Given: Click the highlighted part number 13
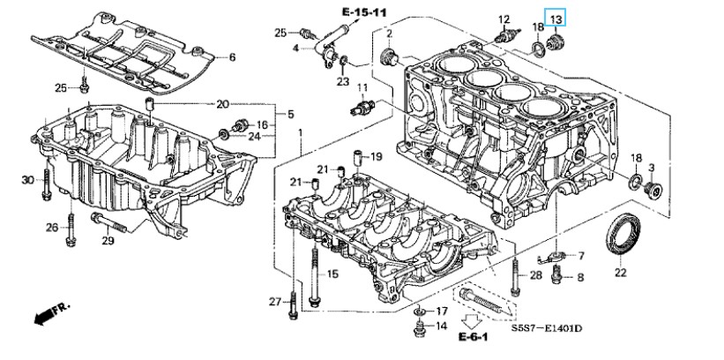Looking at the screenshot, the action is coord(555,19).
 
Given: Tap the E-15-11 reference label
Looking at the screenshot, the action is coord(364,12).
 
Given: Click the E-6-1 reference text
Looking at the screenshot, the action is coord(473,336).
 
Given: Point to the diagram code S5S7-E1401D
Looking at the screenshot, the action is coord(546,328).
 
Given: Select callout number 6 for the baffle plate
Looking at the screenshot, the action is coord(232,57).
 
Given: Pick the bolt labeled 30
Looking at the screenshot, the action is coord(46,184).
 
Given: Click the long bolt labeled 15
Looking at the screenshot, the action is coord(316,278).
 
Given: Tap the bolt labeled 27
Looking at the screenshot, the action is coord(293,305).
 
